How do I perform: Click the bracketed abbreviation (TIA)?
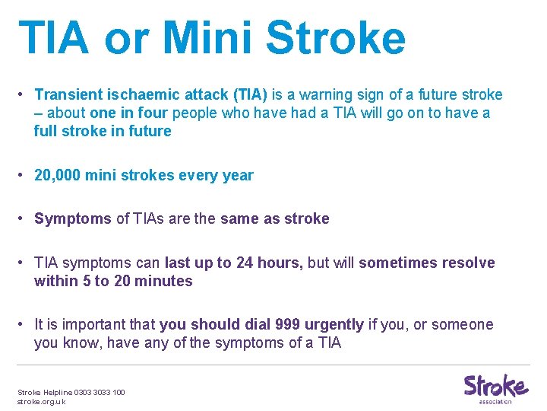point(242,94)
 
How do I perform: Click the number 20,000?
point(58,175)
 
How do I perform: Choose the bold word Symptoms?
point(73,219)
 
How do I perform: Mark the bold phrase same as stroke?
point(274,219)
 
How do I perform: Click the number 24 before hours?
point(245,263)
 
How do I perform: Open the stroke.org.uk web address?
point(41,401)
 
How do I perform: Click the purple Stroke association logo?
point(495,388)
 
